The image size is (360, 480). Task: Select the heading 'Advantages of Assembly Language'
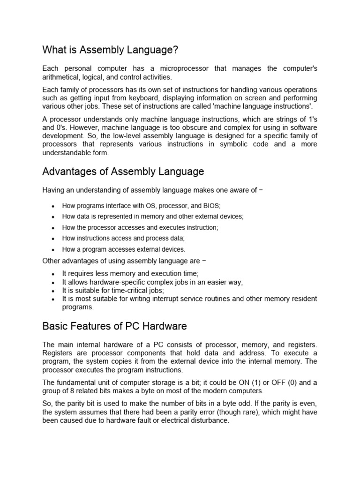pos(123,172)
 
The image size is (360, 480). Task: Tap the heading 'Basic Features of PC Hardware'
pos(114,326)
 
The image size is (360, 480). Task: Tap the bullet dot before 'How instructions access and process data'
pos(53,239)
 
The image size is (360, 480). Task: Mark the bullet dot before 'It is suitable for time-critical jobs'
pos(53,291)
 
